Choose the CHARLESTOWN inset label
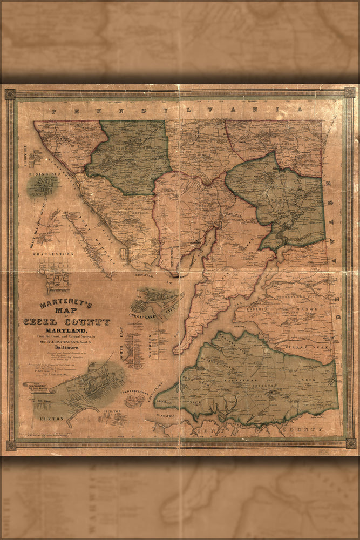pos(53,253)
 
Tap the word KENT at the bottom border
pos(202,432)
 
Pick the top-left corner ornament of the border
pos(10,94)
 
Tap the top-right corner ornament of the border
pos(350,92)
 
